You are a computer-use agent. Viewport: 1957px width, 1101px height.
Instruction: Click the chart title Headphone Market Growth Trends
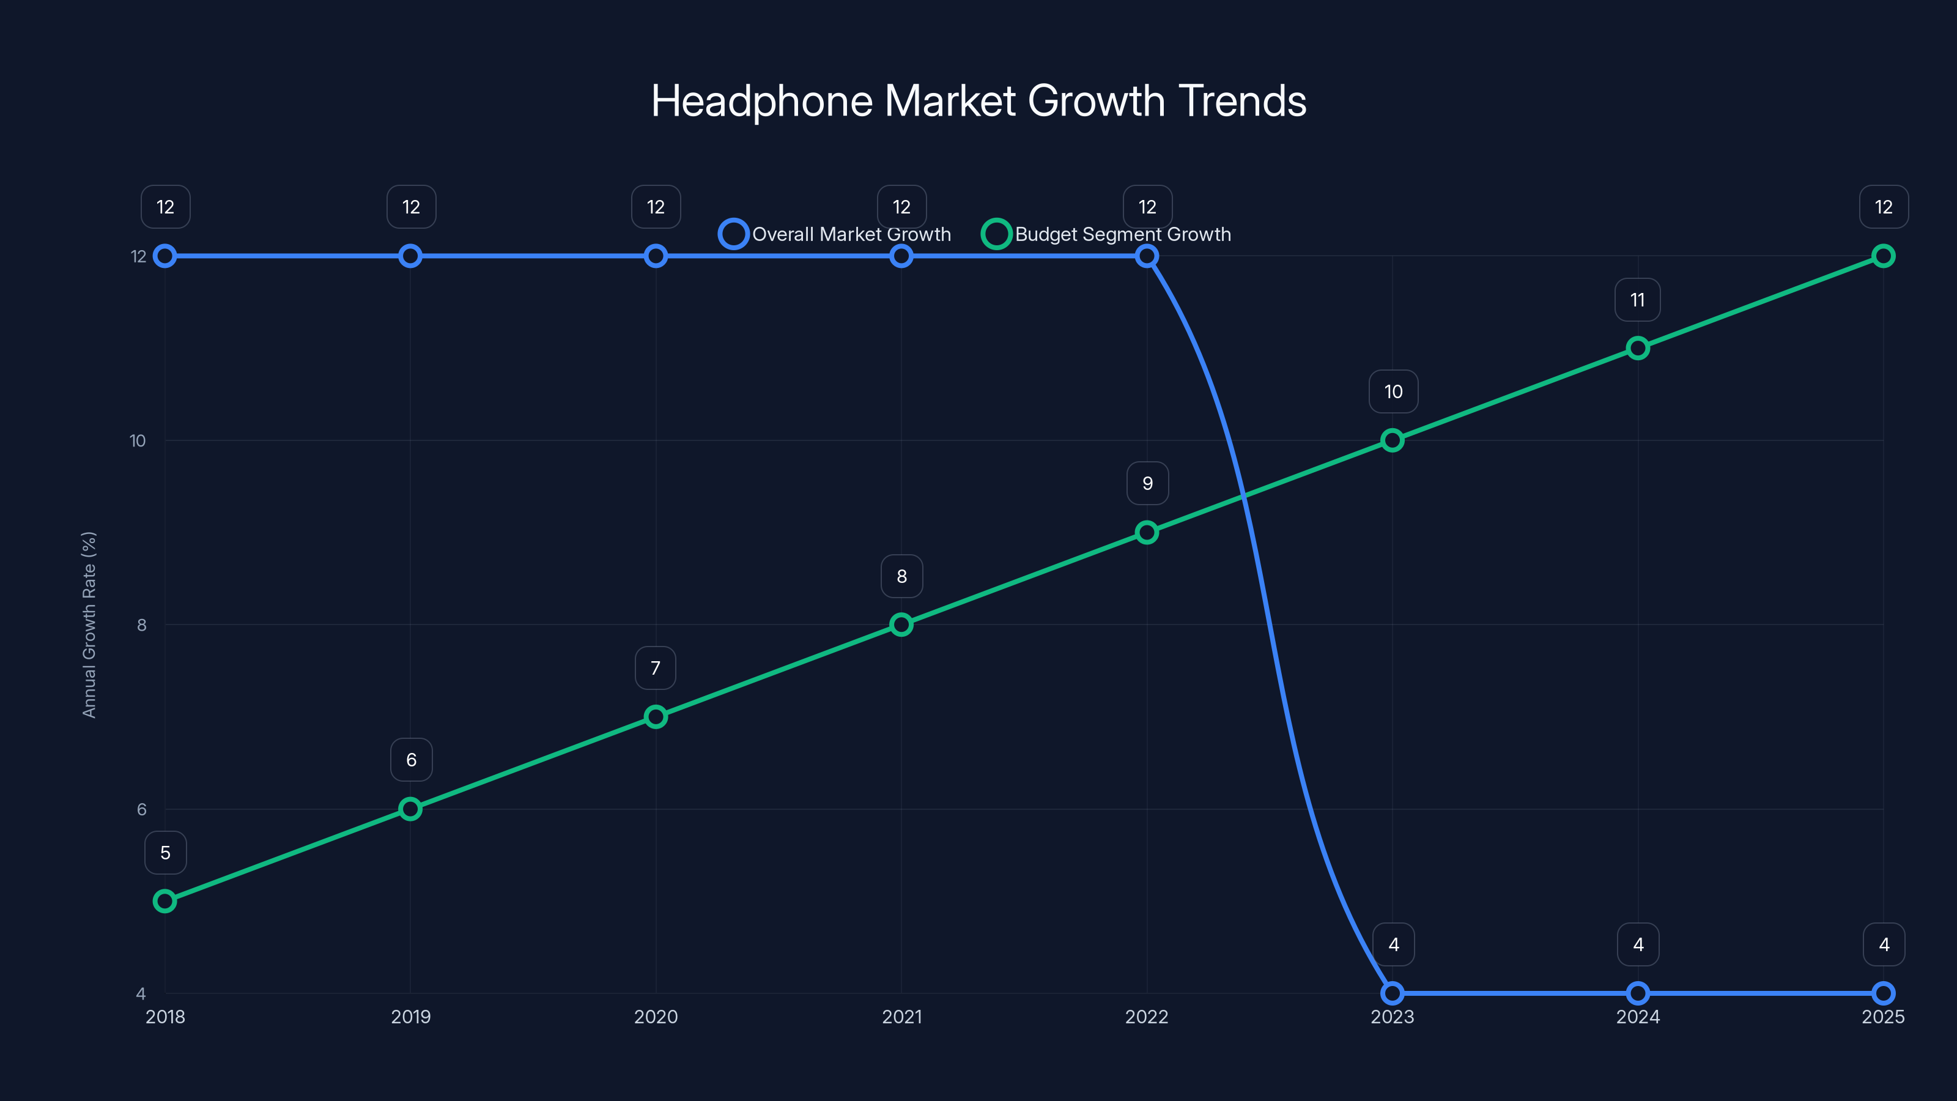coord(978,101)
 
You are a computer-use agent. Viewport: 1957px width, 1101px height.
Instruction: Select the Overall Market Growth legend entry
coord(835,234)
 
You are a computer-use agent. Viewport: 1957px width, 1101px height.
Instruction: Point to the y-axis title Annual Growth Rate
coord(89,624)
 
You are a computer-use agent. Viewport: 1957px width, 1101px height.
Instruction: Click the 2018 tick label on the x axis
coord(165,1017)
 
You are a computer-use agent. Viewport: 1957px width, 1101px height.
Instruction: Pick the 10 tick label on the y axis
coord(138,440)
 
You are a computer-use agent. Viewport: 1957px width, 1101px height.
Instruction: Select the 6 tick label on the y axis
coord(141,809)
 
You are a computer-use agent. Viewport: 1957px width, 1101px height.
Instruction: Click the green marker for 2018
coord(165,901)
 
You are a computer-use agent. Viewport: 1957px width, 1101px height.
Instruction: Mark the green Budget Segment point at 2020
coord(656,716)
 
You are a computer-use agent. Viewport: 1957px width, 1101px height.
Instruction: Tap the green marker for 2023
coord(1393,440)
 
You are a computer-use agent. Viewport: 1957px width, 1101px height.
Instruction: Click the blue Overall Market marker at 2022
coord(1147,256)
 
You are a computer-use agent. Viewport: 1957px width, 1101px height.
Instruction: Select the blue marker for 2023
coord(1393,993)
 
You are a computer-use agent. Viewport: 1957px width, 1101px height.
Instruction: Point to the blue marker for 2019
coord(410,256)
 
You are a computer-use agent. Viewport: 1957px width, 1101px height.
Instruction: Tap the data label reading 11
coord(1637,300)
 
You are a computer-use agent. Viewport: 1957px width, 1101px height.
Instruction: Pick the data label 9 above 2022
coord(1147,483)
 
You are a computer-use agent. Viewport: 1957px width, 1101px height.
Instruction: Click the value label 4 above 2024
coord(1638,944)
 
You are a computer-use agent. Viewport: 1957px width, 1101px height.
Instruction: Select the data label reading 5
coord(165,853)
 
